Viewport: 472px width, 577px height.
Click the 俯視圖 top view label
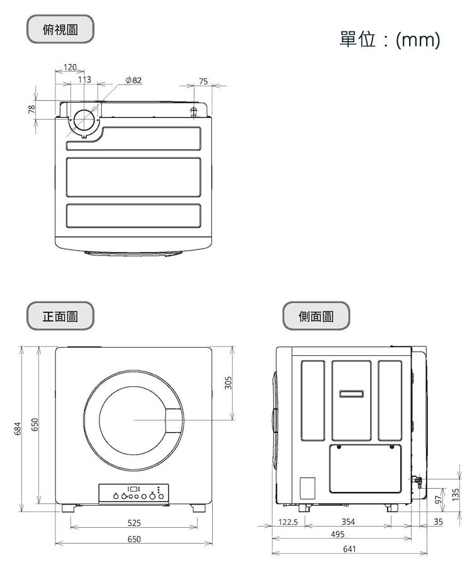[60, 29]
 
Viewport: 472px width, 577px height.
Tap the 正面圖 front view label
[60, 316]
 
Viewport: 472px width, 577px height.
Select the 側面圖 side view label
[316, 316]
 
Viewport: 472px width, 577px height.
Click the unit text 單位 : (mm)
[389, 40]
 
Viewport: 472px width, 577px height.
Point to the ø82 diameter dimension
[133, 81]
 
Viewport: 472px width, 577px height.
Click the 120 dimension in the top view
[70, 67]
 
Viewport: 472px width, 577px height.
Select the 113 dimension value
[84, 80]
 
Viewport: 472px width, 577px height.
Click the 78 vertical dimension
[31, 110]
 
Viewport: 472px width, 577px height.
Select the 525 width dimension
[134, 523]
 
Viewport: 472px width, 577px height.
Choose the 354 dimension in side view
[348, 522]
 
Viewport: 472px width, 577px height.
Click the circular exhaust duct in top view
[84, 120]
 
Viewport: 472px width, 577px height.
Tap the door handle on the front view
[172, 420]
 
